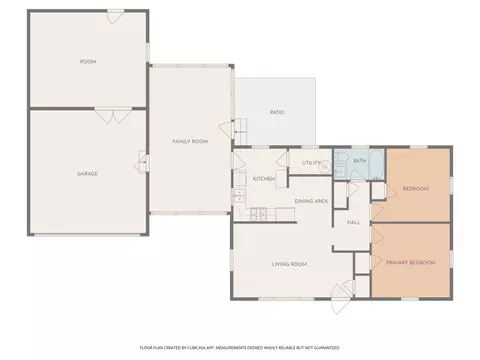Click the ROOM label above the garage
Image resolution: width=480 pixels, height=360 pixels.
[x=88, y=62]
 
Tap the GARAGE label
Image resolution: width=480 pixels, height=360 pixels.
[x=88, y=173]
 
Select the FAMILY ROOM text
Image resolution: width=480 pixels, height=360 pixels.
[x=190, y=142]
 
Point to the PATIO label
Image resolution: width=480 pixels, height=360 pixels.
[x=277, y=112]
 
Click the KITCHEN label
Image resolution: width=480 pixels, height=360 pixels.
[x=264, y=179]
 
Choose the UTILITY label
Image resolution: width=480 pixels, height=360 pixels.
[x=311, y=162]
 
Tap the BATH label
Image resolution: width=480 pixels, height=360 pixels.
[x=359, y=160]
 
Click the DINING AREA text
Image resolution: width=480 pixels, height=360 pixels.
[x=311, y=202]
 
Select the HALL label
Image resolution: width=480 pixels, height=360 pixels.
[x=353, y=222]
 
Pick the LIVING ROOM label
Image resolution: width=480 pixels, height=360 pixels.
[x=289, y=264]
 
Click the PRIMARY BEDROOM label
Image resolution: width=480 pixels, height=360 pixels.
[x=410, y=263]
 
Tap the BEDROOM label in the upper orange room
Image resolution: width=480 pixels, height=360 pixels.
[x=415, y=188]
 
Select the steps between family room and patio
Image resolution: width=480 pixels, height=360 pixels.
[x=240, y=130]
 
